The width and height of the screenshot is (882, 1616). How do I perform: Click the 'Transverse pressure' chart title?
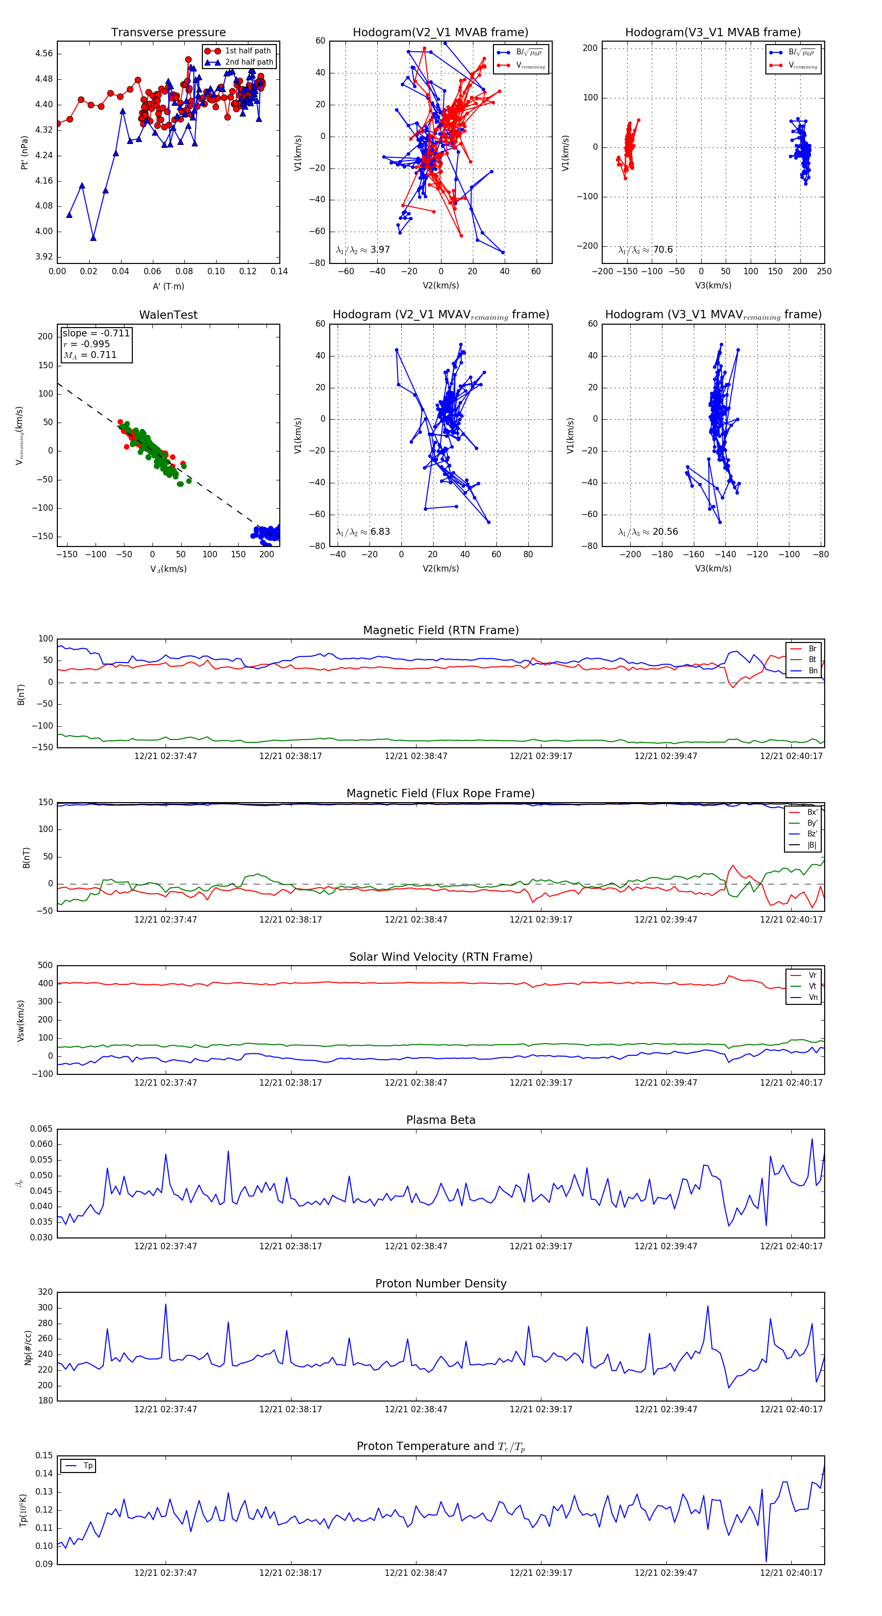click(168, 33)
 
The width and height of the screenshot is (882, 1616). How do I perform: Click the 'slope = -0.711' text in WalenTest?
click(96, 333)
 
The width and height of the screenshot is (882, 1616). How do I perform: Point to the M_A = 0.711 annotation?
click(90, 355)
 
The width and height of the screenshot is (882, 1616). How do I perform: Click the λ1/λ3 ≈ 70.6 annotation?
click(645, 250)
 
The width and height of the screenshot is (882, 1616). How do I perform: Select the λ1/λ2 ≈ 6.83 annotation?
click(363, 532)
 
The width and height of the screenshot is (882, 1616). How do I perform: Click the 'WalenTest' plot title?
click(168, 315)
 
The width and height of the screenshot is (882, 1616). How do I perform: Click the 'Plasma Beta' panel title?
click(441, 1120)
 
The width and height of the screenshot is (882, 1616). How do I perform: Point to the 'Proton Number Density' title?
click(441, 1283)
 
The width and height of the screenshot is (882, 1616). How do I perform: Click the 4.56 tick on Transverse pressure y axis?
click(44, 53)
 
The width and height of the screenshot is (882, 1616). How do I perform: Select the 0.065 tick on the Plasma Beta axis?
click(42, 1129)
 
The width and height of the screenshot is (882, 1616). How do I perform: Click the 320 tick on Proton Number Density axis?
click(45, 1292)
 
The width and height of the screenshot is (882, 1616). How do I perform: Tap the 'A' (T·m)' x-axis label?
click(168, 286)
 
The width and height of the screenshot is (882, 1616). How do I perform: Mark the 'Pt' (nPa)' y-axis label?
click(24, 152)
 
